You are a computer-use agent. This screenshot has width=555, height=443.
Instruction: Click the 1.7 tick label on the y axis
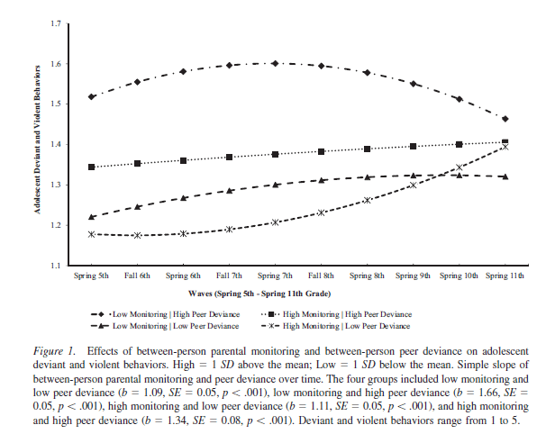57,23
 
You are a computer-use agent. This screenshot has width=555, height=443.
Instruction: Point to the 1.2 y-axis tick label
57,225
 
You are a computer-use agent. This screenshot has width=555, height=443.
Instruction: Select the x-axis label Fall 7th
229,275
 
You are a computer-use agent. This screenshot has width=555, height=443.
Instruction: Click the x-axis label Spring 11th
505,275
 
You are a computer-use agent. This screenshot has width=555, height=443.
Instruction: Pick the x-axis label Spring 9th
413,275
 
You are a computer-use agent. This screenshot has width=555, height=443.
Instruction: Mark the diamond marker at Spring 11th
505,119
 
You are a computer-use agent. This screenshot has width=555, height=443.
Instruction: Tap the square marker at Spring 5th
91,167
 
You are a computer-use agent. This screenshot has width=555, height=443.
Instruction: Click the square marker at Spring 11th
505,142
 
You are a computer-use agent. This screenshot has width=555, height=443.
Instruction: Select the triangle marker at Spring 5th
91,217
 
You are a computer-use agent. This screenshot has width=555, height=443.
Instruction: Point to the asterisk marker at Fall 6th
137,235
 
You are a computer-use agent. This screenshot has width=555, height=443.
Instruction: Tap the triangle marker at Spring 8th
367,177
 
